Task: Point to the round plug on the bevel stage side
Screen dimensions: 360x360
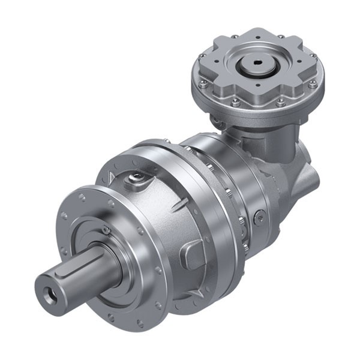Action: pos(259,217)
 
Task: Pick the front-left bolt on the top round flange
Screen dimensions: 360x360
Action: pos(236,103)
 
